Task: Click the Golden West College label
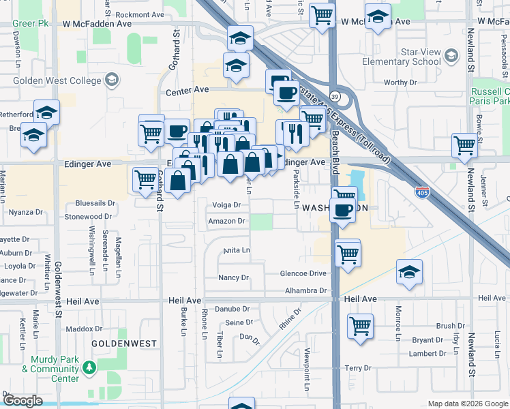pos(48,81)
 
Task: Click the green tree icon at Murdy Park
pos(89,368)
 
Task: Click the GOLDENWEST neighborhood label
pos(124,344)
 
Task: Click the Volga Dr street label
pos(227,205)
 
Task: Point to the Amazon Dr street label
pos(227,222)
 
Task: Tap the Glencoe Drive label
pos(303,273)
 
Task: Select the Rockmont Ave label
pos(140,14)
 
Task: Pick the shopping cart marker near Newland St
pos(464,145)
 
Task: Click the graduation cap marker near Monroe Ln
pos(409,272)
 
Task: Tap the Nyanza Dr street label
pos(25,212)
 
